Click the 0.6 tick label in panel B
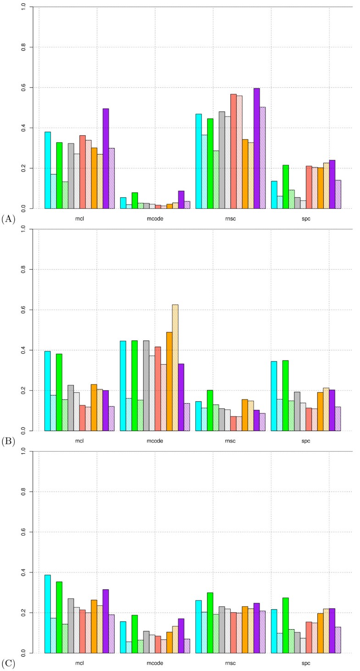click(x=27, y=310)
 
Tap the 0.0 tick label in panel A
click(x=27, y=209)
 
